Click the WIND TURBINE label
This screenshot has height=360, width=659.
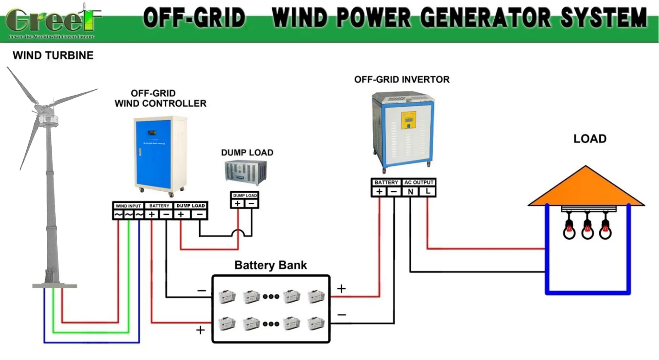coord(53,56)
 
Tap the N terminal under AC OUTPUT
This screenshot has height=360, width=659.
coord(410,192)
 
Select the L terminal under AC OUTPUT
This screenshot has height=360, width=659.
coord(428,192)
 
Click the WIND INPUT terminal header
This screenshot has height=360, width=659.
coord(129,206)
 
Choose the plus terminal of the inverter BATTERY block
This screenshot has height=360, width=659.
coord(380,192)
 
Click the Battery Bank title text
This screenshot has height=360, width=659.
coord(271,265)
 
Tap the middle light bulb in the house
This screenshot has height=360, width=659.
coord(587,230)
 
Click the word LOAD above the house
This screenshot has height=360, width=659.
coord(590,139)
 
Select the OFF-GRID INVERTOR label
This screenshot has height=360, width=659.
coord(402,80)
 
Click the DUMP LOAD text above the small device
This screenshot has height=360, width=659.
coord(247,153)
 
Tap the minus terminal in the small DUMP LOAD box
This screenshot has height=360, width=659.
coord(251,204)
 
